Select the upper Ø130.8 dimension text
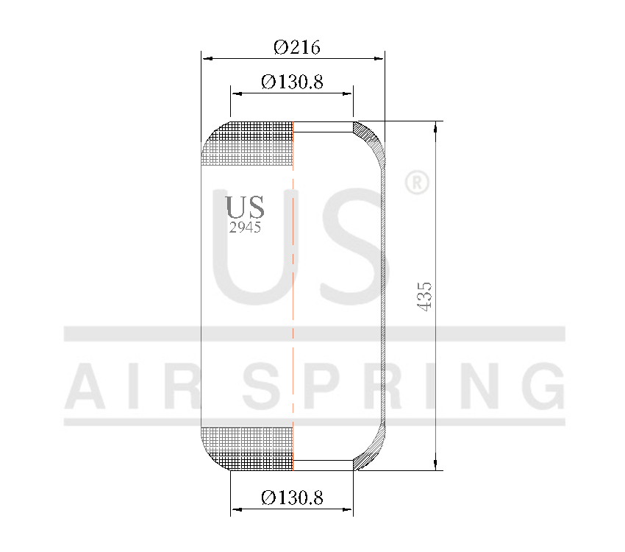tap(292, 82)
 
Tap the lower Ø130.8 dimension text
tap(292, 498)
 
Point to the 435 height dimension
tap(426, 295)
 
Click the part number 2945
tap(245, 228)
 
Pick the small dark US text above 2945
tap(245, 208)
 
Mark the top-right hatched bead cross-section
tap(370, 140)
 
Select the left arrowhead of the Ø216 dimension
tap(206, 58)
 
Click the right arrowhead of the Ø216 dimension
tap(379, 58)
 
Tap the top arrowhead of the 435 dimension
tap(437, 127)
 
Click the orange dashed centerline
tap(293, 294)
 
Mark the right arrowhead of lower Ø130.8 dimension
tap(349, 509)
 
